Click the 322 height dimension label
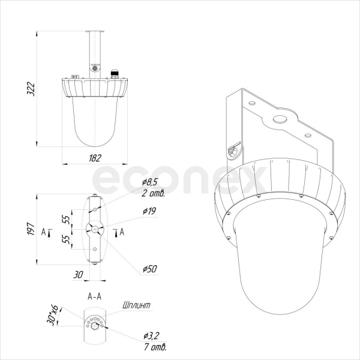pyautogui.click(x=31, y=89)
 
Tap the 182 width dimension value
pyautogui.click(x=95, y=158)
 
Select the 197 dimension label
pyautogui.click(x=31, y=229)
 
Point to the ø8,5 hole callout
pyautogui.click(x=149, y=182)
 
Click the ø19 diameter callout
pyautogui.click(x=149, y=211)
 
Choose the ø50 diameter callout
pyautogui.click(x=149, y=269)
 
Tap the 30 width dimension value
pyautogui.click(x=78, y=274)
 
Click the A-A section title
pyautogui.click(x=94, y=296)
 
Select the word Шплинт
pyautogui.click(x=136, y=305)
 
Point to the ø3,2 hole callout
pyautogui.click(x=151, y=336)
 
